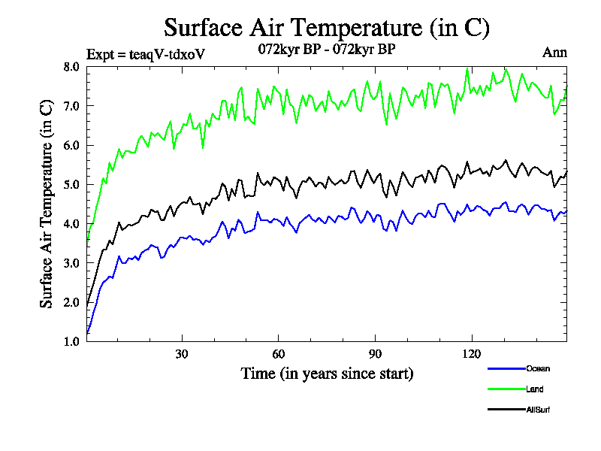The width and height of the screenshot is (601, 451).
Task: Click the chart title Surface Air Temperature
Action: [x=327, y=28]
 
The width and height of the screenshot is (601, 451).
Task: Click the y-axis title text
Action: [x=47, y=204]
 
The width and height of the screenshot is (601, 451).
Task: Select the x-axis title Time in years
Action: [x=327, y=373]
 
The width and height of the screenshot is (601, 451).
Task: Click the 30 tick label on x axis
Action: [x=181, y=354]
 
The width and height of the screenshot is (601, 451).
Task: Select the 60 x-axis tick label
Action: [x=278, y=354]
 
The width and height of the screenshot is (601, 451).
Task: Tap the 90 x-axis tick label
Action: [x=375, y=354]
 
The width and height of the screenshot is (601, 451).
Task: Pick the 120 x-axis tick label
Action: [x=472, y=354]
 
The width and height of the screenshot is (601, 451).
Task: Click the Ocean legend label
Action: [x=538, y=368]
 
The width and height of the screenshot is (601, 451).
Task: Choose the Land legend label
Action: [x=535, y=389]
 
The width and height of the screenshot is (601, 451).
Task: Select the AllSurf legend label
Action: [x=539, y=410]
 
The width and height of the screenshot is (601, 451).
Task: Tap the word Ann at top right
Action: [x=554, y=52]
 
